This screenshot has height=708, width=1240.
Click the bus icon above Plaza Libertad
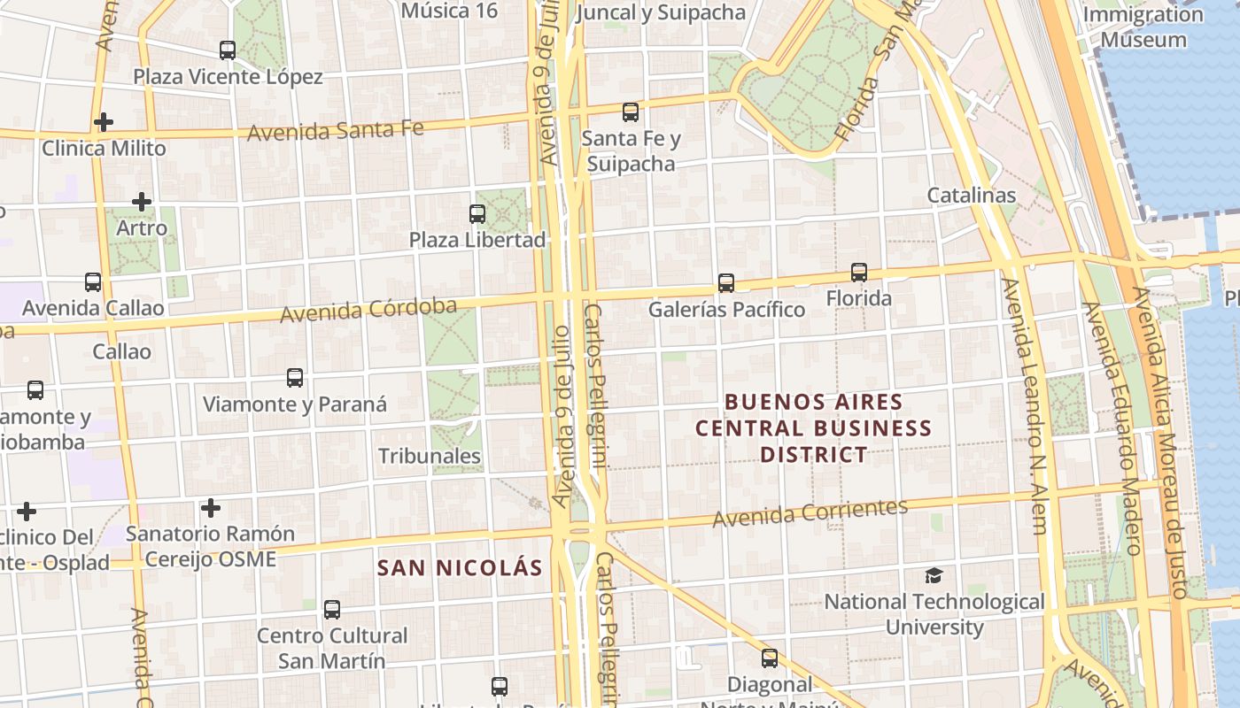click(x=477, y=213)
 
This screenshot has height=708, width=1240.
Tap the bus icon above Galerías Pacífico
click(x=726, y=283)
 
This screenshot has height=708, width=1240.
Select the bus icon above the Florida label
click(x=858, y=273)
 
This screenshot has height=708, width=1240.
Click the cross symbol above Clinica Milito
click(x=104, y=122)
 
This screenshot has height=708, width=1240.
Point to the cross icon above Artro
click(x=142, y=202)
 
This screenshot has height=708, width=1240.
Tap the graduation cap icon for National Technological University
click(x=934, y=576)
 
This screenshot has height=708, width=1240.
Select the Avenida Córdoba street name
click(x=368, y=311)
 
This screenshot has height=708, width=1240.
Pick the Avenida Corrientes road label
click(x=810, y=512)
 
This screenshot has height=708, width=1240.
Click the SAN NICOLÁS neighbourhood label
click(x=460, y=568)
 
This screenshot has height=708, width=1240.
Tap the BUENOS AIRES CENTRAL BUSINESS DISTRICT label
click(x=813, y=428)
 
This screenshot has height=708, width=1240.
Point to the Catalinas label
click(x=972, y=195)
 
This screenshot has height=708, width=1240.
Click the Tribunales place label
click(x=430, y=457)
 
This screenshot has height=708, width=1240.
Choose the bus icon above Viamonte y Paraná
click(x=295, y=378)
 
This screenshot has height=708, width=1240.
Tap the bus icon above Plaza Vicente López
click(x=228, y=50)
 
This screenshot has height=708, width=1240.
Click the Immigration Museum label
click(x=1143, y=27)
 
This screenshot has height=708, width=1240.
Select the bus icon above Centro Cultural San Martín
click(x=332, y=609)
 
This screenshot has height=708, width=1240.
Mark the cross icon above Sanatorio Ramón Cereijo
click(x=210, y=508)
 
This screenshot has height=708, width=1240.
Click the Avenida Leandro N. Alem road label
click(x=1025, y=407)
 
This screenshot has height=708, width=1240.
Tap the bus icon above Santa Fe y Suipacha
click(x=631, y=112)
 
